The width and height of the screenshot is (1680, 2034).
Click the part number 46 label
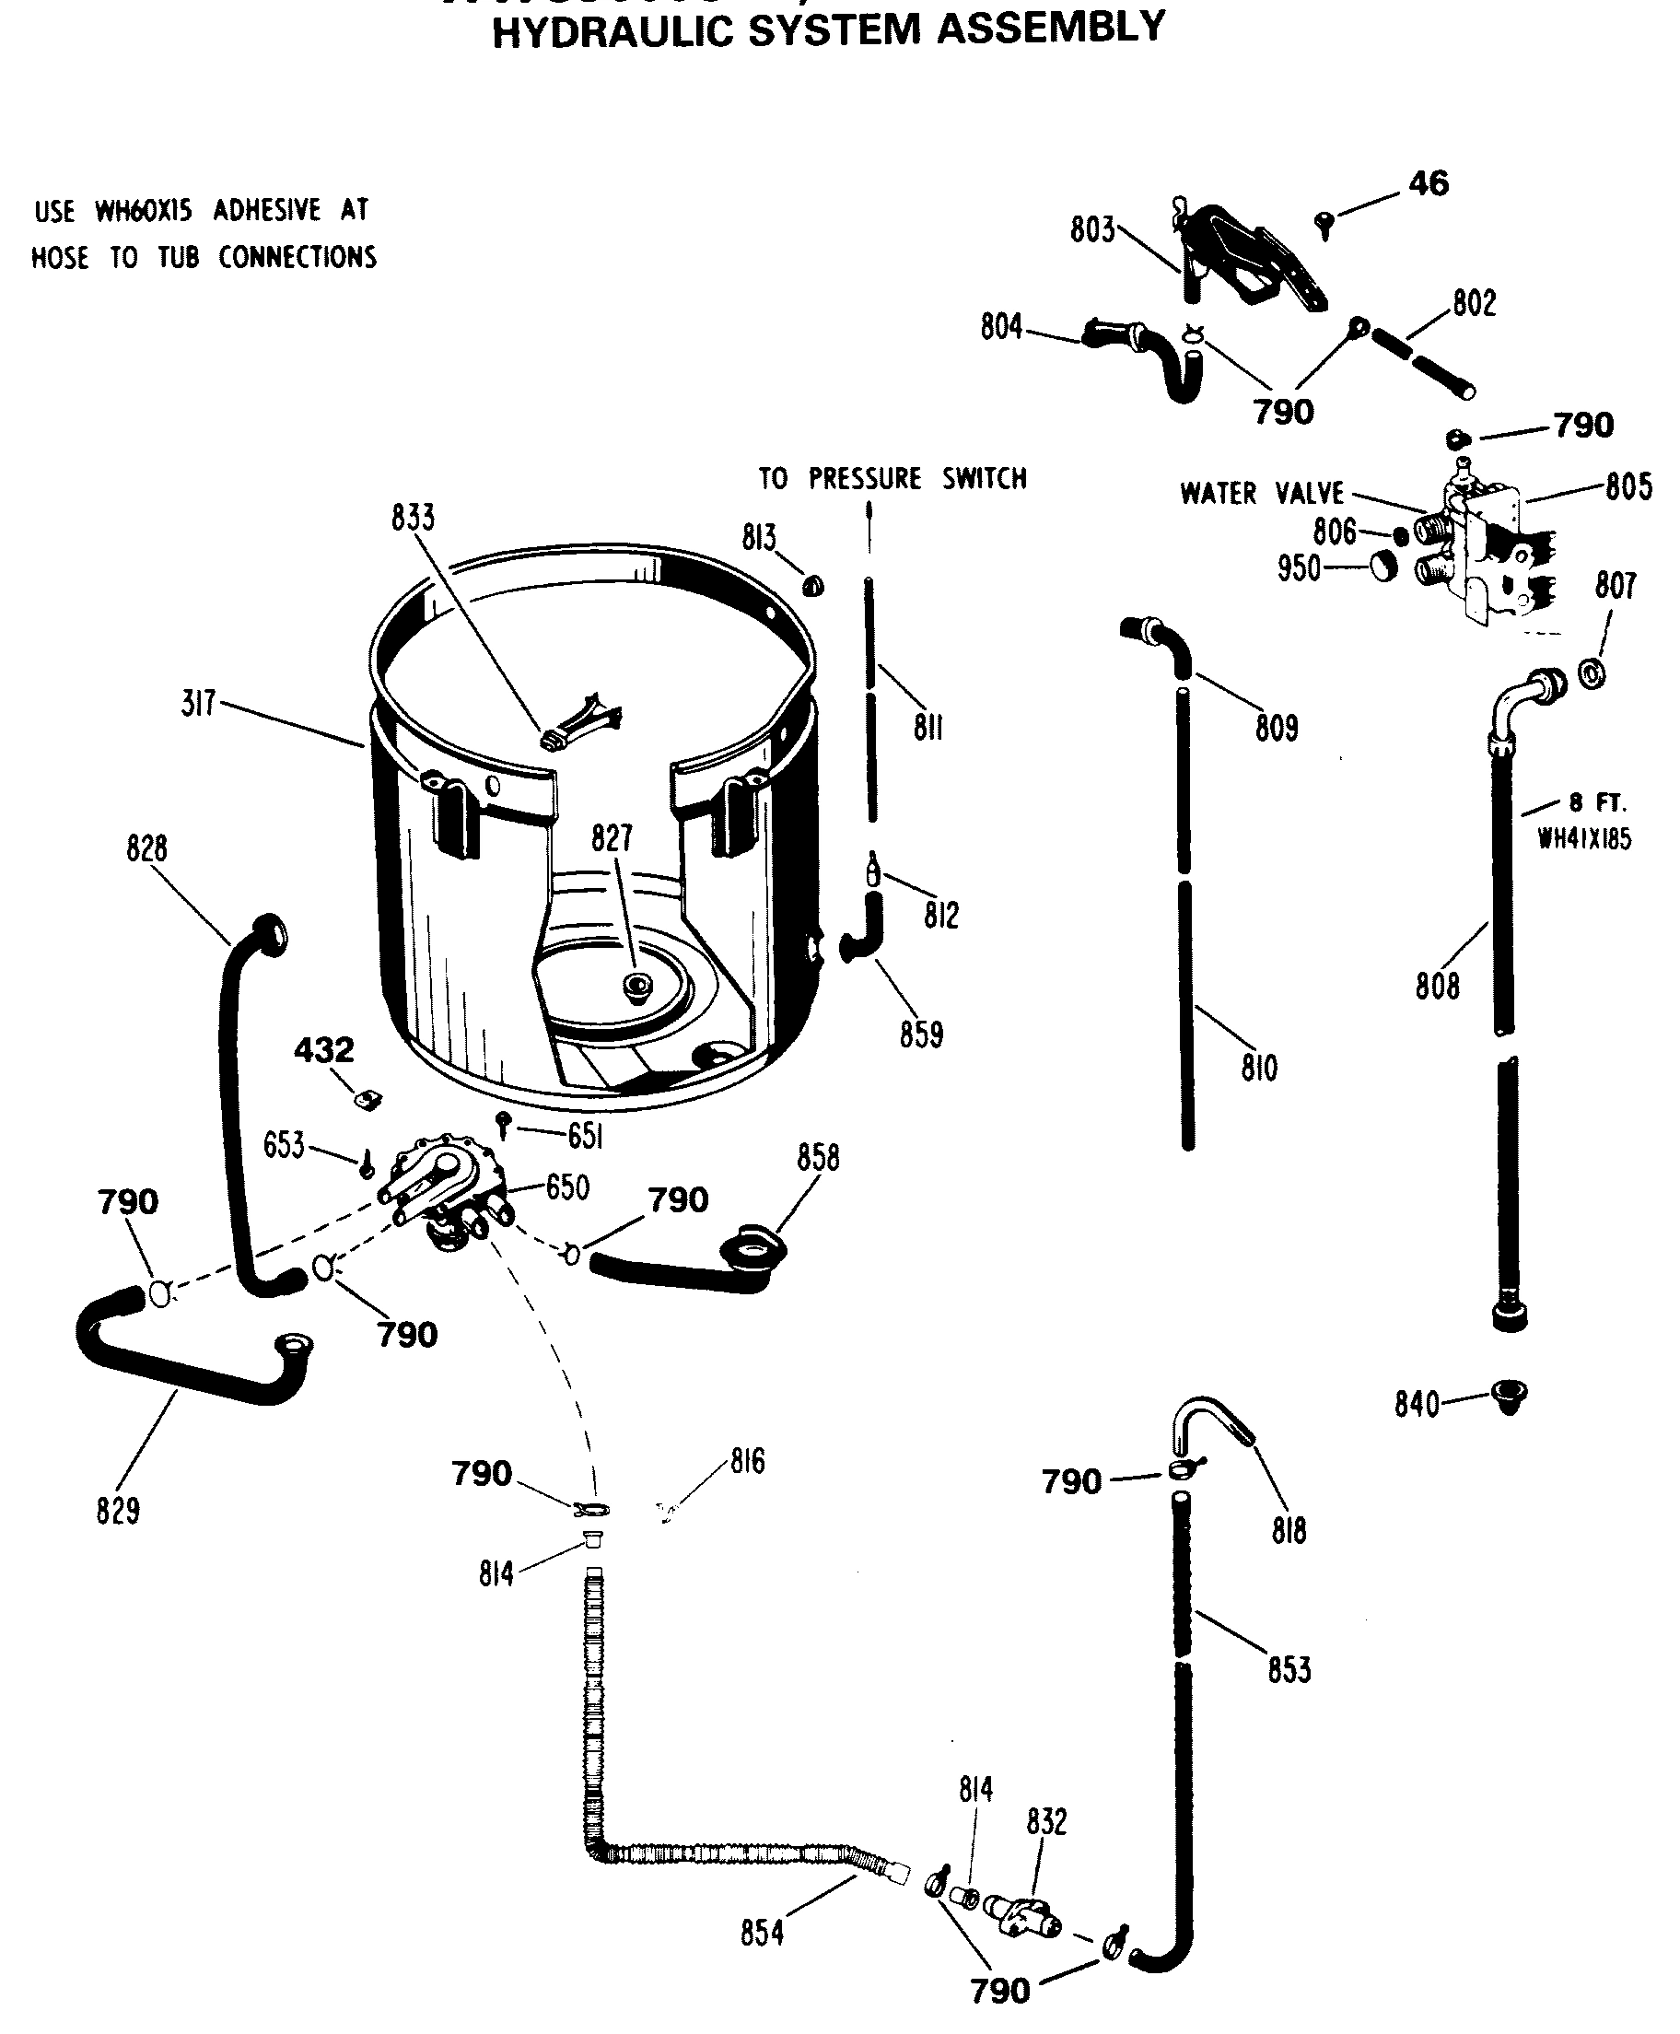pyautogui.click(x=1429, y=183)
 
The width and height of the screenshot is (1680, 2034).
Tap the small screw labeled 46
pyautogui.click(x=1324, y=226)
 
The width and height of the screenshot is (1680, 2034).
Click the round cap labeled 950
pyautogui.click(x=1383, y=564)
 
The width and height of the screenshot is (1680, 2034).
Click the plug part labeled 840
pyautogui.click(x=1508, y=1397)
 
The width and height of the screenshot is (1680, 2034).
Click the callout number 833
pyautogui.click(x=414, y=518)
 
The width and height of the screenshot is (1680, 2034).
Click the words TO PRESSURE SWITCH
pyautogui.click(x=892, y=478)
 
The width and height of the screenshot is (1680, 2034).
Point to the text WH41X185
pyautogui.click(x=1584, y=839)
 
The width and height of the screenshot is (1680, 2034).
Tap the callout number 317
pyautogui.click(x=198, y=704)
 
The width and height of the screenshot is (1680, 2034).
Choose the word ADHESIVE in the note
pyautogui.click(x=267, y=210)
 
